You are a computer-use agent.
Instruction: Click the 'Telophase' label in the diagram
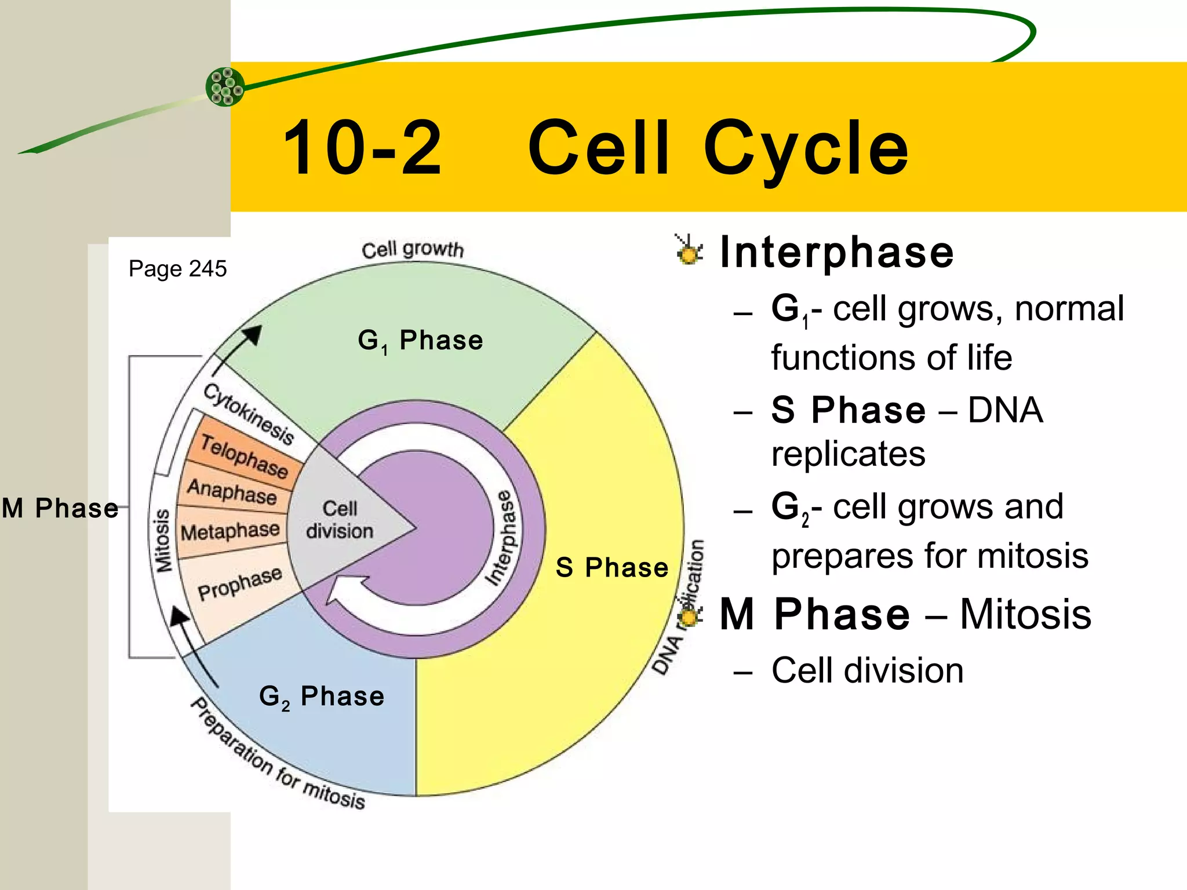244,456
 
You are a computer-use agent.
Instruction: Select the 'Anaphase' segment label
232,492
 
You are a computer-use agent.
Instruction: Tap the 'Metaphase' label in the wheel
230,531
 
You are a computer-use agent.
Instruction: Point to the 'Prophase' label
239,583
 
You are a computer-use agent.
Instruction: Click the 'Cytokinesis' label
248,413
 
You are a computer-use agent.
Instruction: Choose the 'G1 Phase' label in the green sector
420,341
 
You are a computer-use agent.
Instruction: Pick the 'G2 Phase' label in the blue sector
322,696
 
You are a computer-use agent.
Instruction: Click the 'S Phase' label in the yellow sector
611,567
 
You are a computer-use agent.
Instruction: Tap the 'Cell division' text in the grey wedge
340,520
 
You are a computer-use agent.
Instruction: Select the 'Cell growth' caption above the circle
413,250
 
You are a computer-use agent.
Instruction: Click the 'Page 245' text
177,269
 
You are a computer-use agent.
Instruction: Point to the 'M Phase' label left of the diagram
60,508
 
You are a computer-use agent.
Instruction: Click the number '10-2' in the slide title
362,148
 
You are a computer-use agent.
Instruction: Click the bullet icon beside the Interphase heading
689,251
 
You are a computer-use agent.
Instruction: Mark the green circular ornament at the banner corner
225,87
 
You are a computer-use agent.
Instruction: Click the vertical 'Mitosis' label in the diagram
163,541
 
